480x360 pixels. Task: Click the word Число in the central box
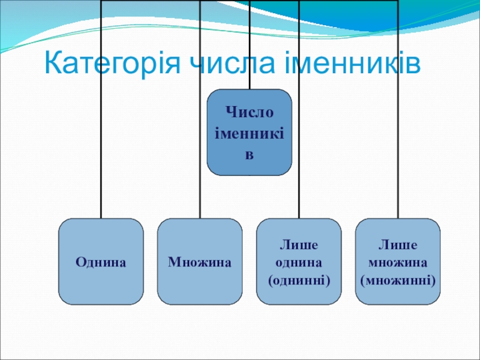coord(250,112)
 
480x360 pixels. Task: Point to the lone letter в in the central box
coord(250,155)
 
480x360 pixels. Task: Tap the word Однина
coord(101,262)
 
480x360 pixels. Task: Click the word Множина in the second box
coord(200,262)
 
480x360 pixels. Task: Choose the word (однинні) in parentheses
coord(299,280)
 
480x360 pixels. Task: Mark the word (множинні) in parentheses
coord(398,280)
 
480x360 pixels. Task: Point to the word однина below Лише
coord(299,262)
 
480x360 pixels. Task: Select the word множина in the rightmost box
coord(398,262)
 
